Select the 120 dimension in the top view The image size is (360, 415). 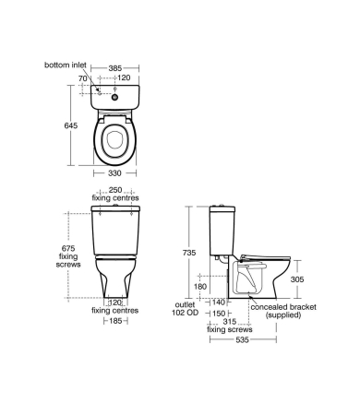[123, 79]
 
